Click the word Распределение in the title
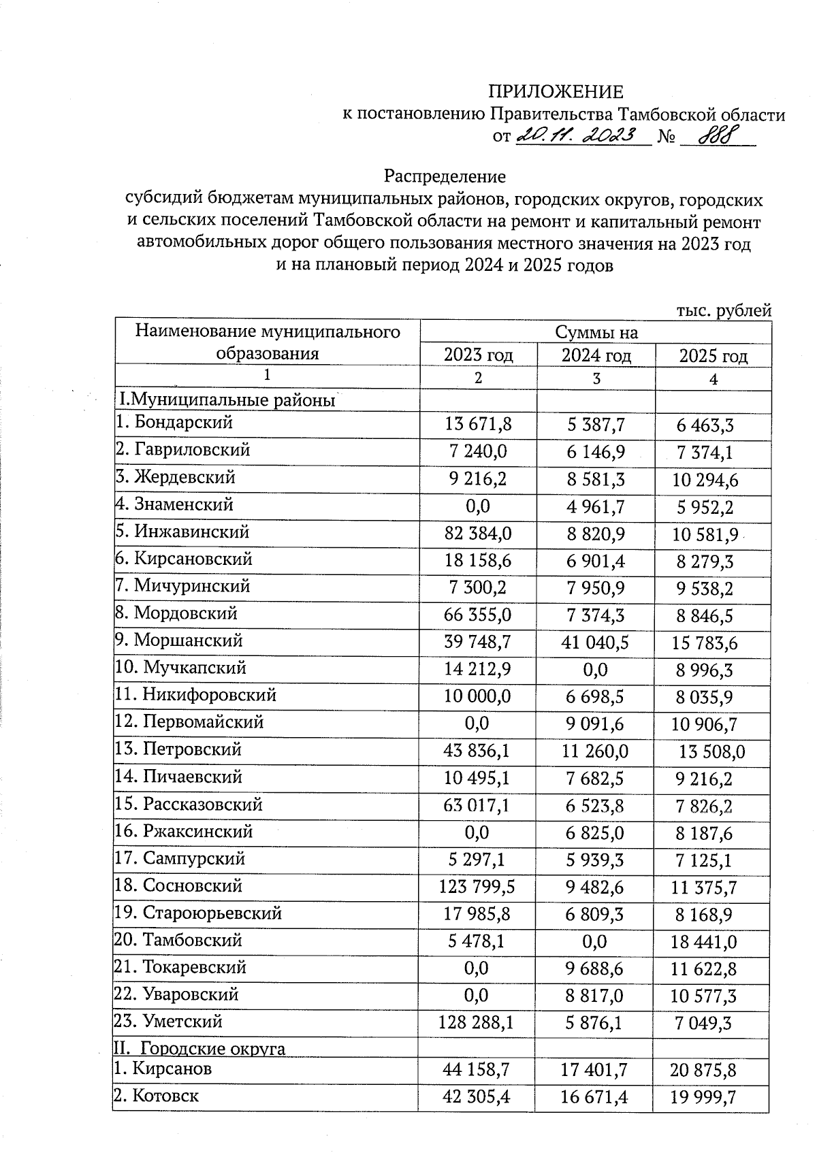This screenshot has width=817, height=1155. coord(445,177)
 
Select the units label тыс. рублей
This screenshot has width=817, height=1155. coord(723,311)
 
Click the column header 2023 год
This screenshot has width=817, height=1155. coord(478,355)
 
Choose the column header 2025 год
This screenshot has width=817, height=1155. coord(713,356)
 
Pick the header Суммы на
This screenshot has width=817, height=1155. coord(596,332)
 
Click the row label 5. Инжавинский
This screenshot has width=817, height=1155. coord(182,532)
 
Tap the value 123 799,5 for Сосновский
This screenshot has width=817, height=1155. coord(477,888)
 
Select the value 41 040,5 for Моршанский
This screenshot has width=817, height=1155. coord(596,642)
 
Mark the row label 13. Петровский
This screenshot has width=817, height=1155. coord(178,750)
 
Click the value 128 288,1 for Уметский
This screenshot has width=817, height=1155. coord(477,1024)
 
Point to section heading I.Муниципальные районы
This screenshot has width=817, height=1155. coord(228,400)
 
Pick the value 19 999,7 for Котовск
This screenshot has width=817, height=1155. coord(711,1097)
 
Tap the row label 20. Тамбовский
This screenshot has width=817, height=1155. coord(178,941)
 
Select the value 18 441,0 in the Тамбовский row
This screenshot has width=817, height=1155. coord(713,942)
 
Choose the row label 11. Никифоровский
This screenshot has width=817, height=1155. coord(195,695)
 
